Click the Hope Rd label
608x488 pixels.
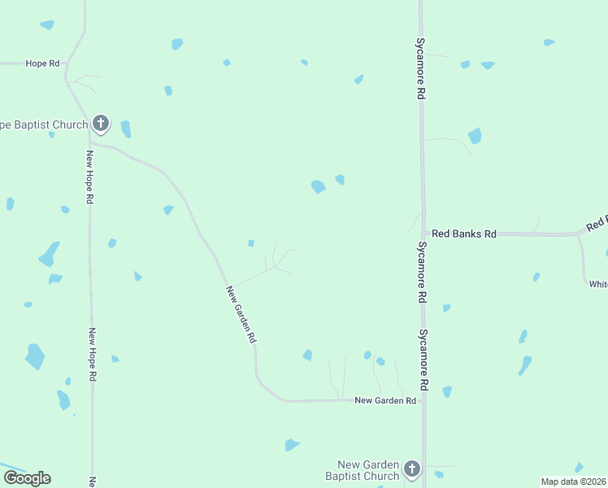point(43,63)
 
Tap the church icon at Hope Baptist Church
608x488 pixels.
point(101,124)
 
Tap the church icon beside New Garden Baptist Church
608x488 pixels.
point(412,468)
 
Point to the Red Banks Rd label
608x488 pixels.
point(463,233)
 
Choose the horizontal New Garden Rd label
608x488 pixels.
point(385,400)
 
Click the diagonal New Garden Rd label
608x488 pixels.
point(241,313)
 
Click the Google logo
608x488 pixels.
point(27,478)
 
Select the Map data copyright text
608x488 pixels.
point(574,481)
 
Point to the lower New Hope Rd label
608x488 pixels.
point(93,355)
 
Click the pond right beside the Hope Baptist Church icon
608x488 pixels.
point(125,129)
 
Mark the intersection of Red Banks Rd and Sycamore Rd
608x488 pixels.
point(422,233)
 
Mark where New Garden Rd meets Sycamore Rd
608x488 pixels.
point(423,400)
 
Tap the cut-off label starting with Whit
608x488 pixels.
point(598,284)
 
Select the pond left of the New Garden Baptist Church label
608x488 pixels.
point(292,445)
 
